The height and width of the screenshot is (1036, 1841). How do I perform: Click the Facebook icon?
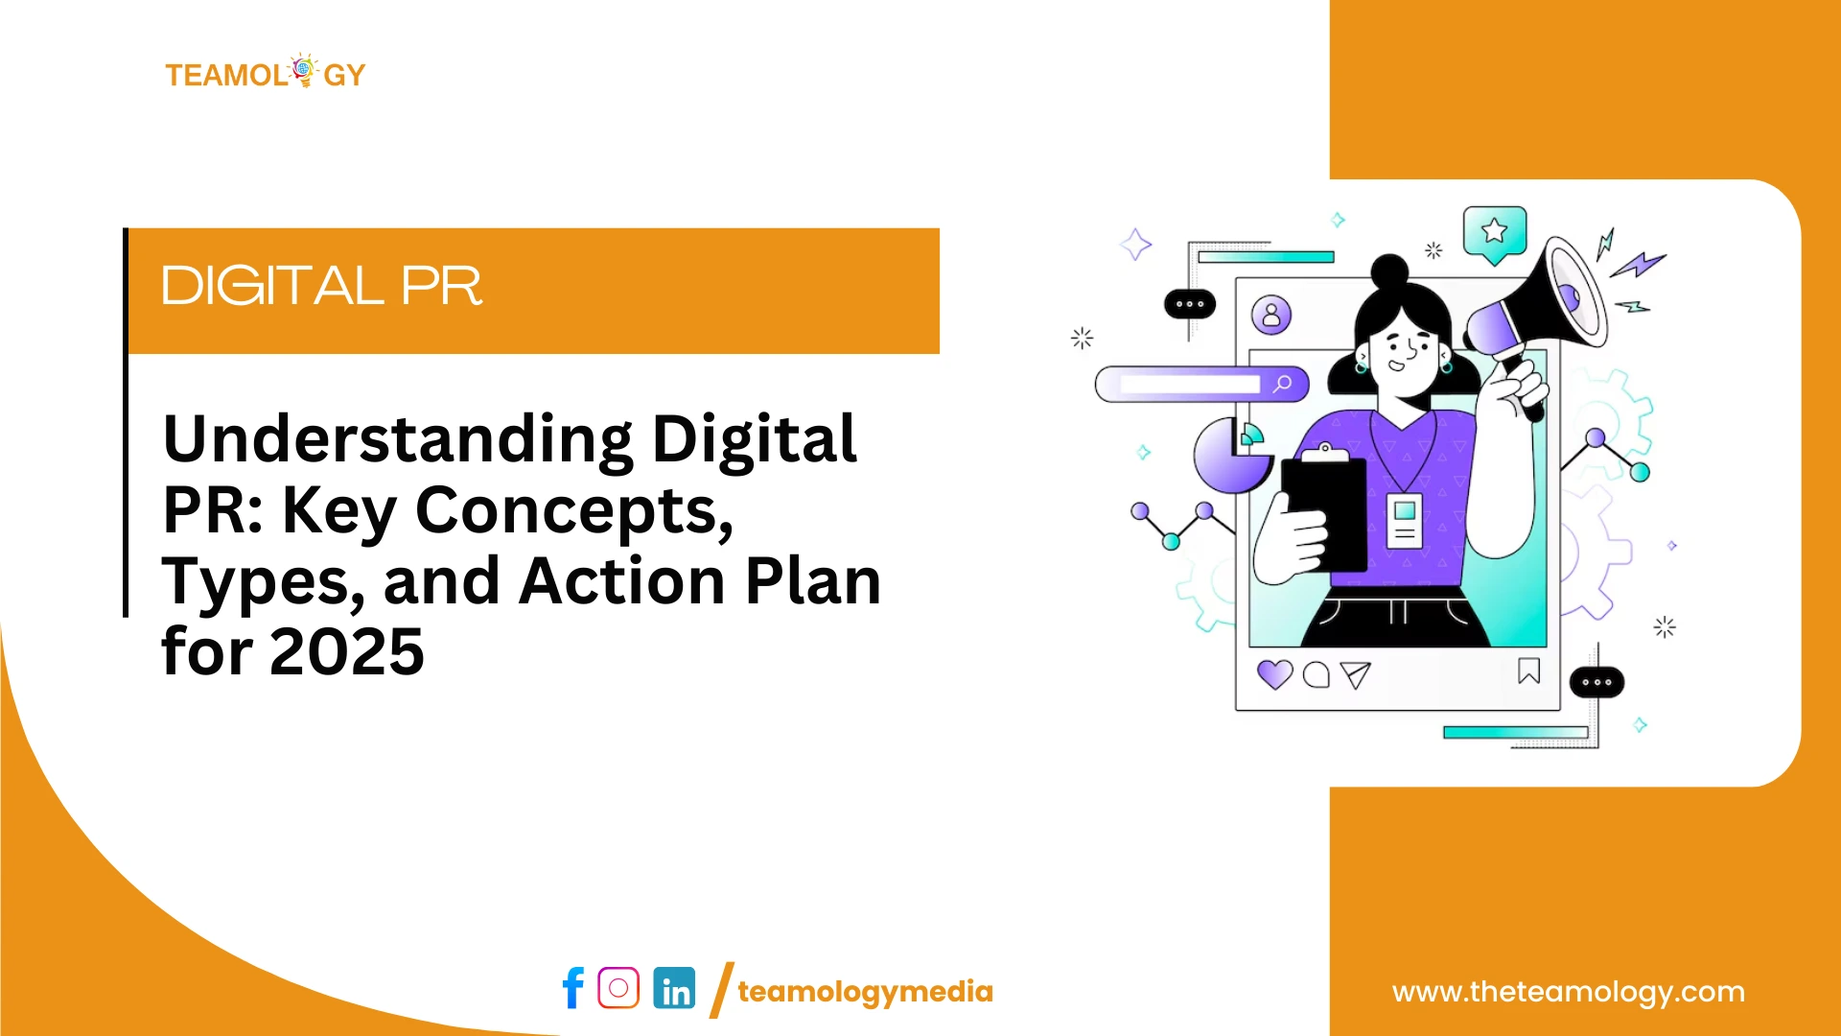click(x=573, y=988)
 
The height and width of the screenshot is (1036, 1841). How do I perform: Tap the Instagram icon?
click(x=618, y=987)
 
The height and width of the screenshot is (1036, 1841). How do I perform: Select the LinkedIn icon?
click(x=675, y=988)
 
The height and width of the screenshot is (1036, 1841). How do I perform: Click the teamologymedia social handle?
click(x=865, y=992)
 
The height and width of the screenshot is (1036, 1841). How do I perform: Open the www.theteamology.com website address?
click(x=1568, y=992)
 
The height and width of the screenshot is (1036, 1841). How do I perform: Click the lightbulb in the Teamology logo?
click(x=304, y=70)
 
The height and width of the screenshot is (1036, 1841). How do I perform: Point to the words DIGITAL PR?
click(x=321, y=286)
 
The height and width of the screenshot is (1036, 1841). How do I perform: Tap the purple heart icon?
click(x=1274, y=674)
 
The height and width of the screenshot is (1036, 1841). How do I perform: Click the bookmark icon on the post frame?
click(x=1528, y=671)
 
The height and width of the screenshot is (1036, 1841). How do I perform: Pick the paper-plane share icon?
click(x=1355, y=675)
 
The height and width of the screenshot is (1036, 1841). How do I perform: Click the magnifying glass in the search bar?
click(x=1283, y=385)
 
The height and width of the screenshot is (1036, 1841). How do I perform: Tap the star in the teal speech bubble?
click(x=1494, y=231)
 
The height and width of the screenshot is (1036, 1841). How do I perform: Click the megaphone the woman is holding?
click(x=1544, y=307)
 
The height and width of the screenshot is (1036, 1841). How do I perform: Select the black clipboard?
click(x=1324, y=513)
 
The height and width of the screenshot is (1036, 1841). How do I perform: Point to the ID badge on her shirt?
click(x=1405, y=521)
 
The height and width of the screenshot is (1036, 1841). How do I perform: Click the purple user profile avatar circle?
click(x=1271, y=315)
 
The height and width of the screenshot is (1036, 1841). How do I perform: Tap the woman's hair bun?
click(x=1389, y=271)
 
